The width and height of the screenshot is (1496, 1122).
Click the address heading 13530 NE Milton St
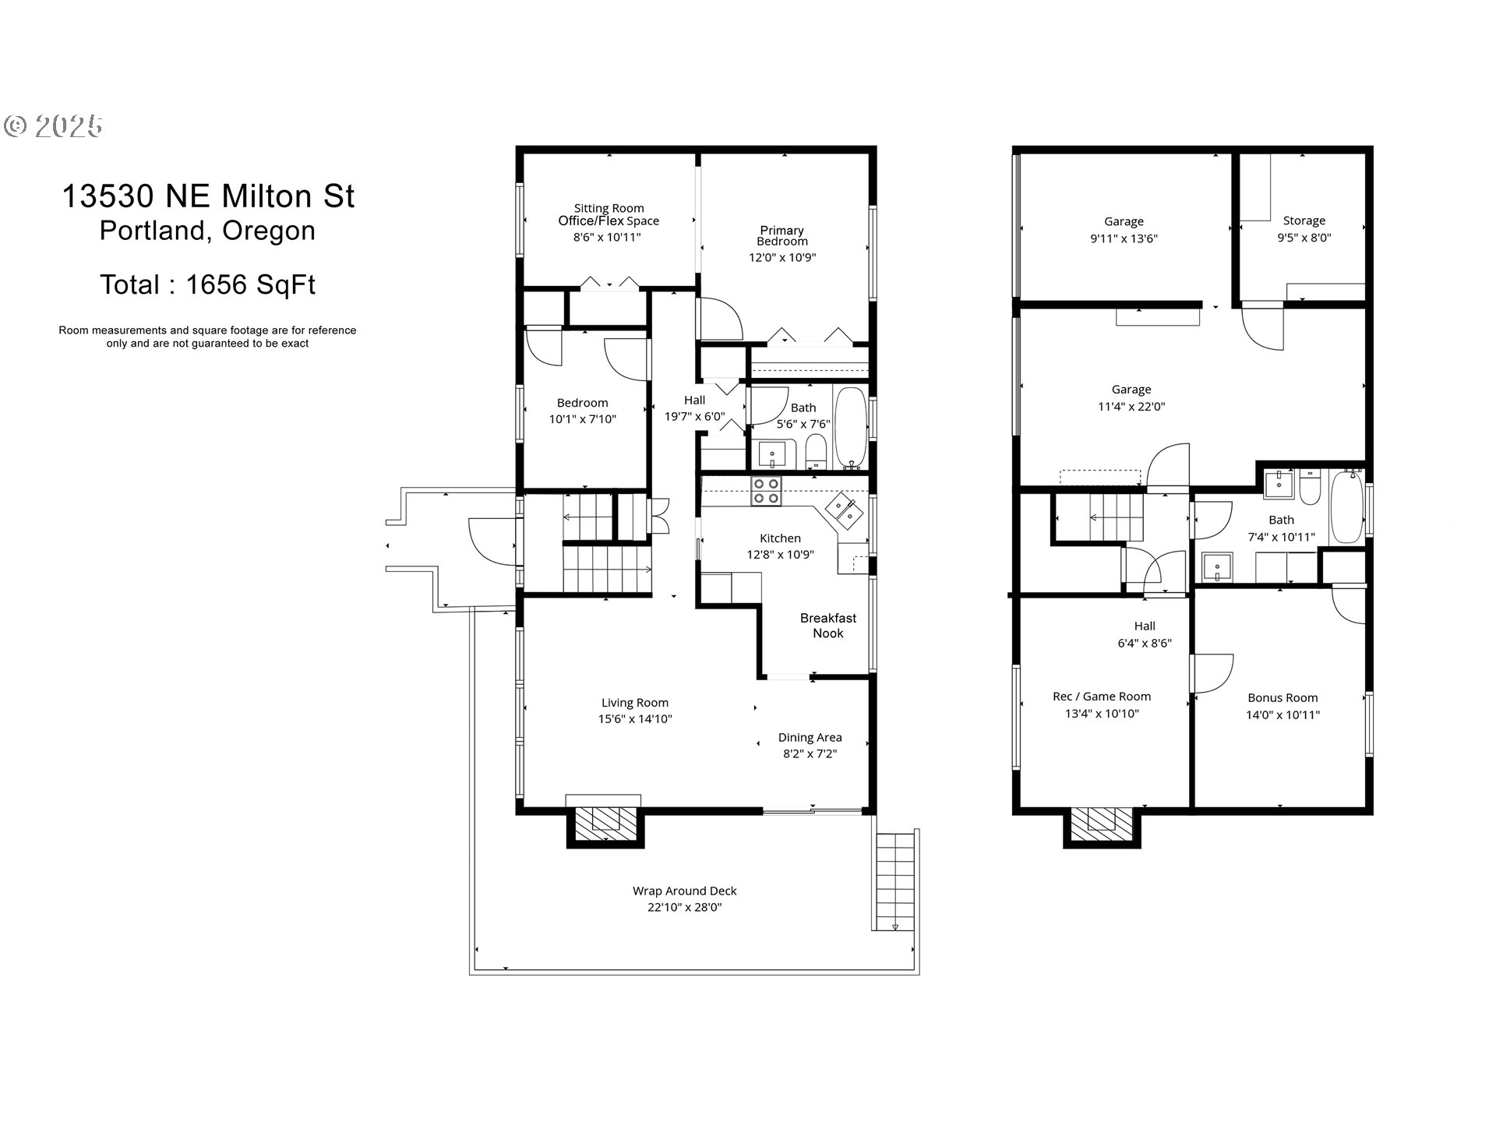point(208,196)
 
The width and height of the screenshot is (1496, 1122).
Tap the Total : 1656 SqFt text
point(207,284)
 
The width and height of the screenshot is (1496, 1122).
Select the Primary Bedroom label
point(782,235)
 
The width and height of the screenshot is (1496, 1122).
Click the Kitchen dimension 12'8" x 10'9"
point(780,555)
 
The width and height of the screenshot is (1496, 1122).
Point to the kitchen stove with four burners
point(766,491)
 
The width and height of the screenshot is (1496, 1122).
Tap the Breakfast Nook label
point(828,626)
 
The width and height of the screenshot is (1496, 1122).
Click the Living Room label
point(635,703)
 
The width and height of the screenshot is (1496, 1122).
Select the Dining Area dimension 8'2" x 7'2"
point(810,753)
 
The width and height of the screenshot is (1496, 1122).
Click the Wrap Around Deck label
point(685,891)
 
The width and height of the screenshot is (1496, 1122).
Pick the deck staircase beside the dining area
point(895,881)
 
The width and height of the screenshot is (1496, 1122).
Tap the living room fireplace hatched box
point(605,824)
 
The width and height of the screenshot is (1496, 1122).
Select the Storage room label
point(1304,221)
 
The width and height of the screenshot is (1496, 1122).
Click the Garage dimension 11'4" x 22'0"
point(1131,406)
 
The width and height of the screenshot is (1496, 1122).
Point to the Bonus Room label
point(1283,698)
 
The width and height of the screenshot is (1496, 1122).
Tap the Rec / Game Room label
point(1102,697)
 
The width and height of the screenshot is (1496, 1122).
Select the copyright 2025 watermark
point(53,125)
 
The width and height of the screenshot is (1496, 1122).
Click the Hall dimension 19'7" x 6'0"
point(695,417)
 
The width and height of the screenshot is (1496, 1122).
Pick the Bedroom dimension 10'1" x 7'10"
point(583,419)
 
